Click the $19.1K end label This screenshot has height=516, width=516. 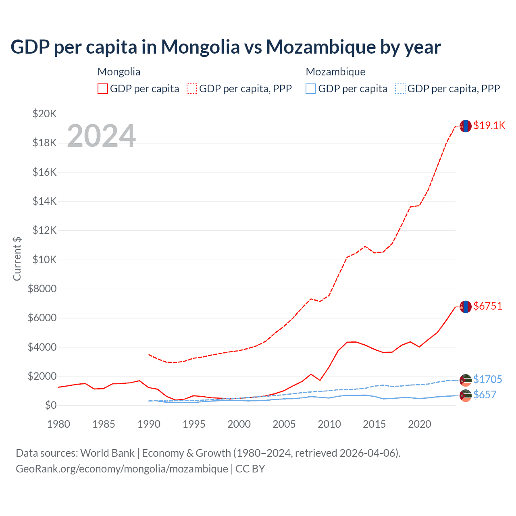point(489,125)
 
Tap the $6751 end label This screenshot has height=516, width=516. point(488,306)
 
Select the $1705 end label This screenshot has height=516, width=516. point(487,379)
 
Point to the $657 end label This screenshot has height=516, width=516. point(485,395)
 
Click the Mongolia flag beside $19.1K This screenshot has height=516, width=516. point(466,126)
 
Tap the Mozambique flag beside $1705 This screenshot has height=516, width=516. point(466,380)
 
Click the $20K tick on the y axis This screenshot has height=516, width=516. point(44,114)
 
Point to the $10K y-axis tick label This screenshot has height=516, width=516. point(44,260)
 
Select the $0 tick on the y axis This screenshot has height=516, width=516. point(50,405)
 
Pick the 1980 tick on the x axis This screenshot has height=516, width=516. point(59,424)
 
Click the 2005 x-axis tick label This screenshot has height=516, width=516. point(284,424)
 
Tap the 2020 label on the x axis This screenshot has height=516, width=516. point(420,424)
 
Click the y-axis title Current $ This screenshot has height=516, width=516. point(17,259)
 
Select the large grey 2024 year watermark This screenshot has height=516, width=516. point(101,136)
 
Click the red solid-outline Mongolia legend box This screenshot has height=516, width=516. point(103,89)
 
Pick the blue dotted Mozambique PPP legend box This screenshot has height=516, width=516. point(400,89)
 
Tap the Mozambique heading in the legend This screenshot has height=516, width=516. point(335,72)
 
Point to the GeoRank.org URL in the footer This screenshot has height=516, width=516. point(122,469)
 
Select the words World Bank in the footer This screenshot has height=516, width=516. point(107,453)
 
